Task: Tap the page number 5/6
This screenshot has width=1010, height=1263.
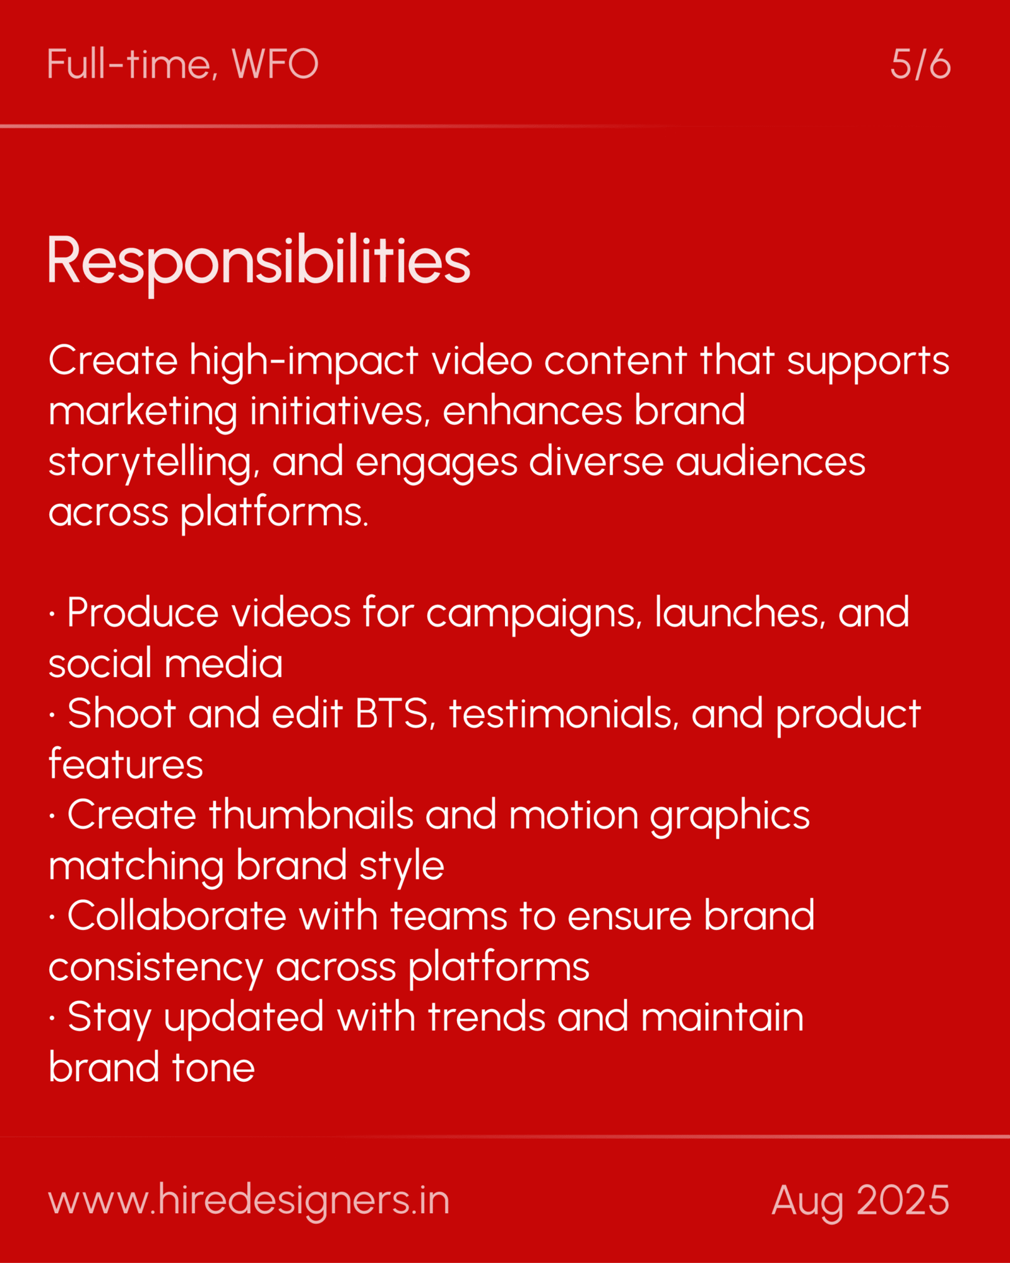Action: click(x=920, y=64)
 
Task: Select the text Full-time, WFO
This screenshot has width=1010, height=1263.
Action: click(x=182, y=64)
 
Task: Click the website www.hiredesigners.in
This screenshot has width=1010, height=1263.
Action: click(x=249, y=1200)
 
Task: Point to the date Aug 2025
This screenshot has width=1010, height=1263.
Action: click(x=860, y=1200)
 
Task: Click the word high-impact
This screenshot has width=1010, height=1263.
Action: click(x=304, y=361)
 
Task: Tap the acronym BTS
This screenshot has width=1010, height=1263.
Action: click(x=391, y=714)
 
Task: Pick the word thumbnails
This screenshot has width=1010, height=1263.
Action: click(x=311, y=815)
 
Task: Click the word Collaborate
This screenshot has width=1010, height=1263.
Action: click(x=177, y=916)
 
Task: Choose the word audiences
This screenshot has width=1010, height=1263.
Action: click(x=770, y=462)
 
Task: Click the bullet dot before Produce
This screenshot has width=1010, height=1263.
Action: click(x=52, y=614)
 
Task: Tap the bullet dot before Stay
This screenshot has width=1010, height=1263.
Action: click(x=52, y=1019)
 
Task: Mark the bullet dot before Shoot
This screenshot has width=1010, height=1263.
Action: click(x=52, y=715)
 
